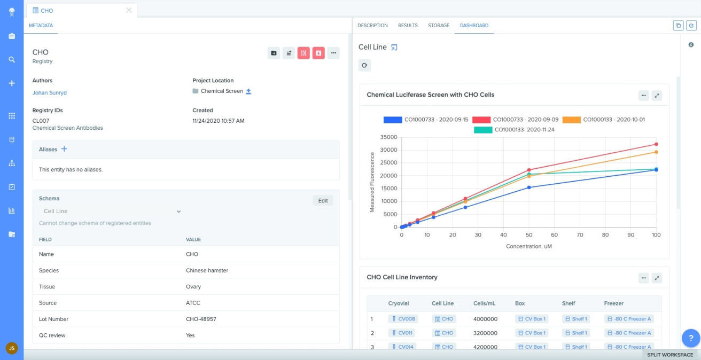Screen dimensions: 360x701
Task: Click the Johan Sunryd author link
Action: (49, 92)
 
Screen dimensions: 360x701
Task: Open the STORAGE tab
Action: (438, 25)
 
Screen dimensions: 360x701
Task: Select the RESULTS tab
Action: (408, 25)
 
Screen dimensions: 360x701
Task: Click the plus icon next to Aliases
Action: (64, 149)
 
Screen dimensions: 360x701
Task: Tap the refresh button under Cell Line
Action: (364, 65)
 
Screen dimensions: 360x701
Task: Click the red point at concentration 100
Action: (656, 144)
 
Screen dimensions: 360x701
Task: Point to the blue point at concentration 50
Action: (529, 187)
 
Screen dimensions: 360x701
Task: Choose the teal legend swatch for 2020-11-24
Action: (483, 129)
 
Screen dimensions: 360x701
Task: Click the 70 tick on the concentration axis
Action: (580, 235)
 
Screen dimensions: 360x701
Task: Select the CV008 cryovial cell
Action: (403, 319)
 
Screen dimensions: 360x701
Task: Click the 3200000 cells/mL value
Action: (485, 333)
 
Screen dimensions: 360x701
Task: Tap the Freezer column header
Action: (613, 303)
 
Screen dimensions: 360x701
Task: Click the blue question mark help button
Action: (690, 338)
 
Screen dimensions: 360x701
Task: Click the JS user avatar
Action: (12, 348)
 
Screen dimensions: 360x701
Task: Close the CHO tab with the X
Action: (129, 10)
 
